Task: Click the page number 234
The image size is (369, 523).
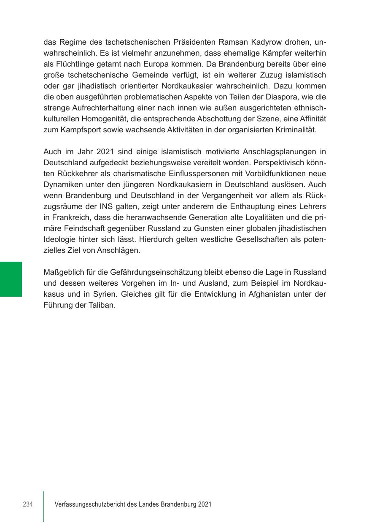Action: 28,504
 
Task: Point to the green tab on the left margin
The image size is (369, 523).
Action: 11,279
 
